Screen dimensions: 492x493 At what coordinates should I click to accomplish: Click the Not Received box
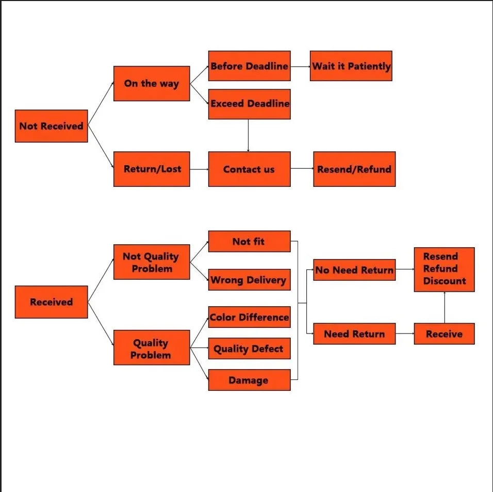pyautogui.click(x=51, y=126)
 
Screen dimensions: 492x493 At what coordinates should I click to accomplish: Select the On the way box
pyautogui.click(x=151, y=83)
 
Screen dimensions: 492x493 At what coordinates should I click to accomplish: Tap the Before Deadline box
pyautogui.click(x=249, y=66)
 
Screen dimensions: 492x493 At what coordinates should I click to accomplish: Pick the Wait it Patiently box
pyautogui.click(x=351, y=66)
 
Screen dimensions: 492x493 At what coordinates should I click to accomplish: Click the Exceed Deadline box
pyautogui.click(x=249, y=104)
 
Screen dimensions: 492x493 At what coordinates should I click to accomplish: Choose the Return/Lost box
pyautogui.click(x=151, y=169)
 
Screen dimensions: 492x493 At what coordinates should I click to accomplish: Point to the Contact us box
pyautogui.click(x=249, y=169)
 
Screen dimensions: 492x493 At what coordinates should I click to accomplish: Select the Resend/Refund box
pyautogui.click(x=354, y=169)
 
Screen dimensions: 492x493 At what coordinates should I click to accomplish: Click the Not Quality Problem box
pyautogui.click(x=151, y=262)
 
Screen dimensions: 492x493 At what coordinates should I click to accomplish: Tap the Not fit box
pyautogui.click(x=249, y=241)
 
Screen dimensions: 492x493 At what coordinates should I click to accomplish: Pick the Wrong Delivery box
pyautogui.click(x=249, y=280)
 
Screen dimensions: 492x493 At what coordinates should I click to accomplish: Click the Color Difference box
pyautogui.click(x=249, y=317)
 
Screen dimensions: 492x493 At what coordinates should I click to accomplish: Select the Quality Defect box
pyautogui.click(x=249, y=349)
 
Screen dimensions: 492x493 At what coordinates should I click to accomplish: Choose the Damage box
pyautogui.click(x=249, y=380)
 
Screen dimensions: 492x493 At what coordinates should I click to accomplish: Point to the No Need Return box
pyautogui.click(x=354, y=269)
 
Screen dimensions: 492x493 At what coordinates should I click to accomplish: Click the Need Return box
pyautogui.click(x=354, y=334)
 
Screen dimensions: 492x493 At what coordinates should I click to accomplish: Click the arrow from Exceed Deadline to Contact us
pyautogui.click(x=249, y=135)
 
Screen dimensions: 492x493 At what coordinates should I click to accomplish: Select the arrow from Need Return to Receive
pyautogui.click(x=405, y=334)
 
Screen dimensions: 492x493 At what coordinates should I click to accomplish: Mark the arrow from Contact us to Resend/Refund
pyautogui.click(x=302, y=169)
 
